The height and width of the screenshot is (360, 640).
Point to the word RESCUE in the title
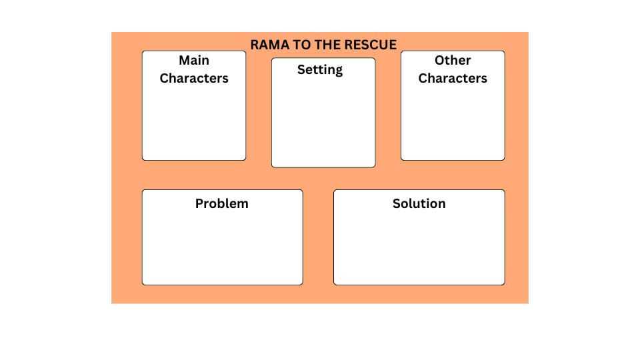click(371, 45)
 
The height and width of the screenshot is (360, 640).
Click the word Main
click(194, 61)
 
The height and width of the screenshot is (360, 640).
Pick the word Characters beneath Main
click(194, 79)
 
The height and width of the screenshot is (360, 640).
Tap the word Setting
click(320, 70)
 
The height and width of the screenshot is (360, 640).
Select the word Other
click(453, 61)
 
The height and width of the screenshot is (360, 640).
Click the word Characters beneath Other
click(453, 79)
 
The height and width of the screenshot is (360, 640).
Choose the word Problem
click(222, 204)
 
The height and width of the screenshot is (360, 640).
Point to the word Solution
click(419, 204)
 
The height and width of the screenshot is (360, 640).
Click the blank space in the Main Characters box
click(194, 123)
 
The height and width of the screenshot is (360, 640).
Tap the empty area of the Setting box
click(323, 123)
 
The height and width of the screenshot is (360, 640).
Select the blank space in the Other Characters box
click(453, 123)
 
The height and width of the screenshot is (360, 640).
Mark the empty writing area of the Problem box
click(222, 247)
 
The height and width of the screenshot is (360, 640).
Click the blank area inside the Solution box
click(419, 247)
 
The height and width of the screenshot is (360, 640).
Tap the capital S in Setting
click(301, 70)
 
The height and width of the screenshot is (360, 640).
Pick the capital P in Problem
click(199, 204)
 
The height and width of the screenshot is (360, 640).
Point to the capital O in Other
click(440, 61)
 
